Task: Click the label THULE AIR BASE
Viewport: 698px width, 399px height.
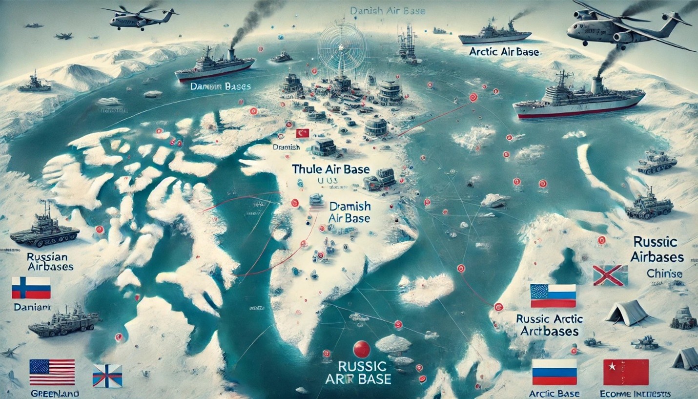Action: (x=330, y=169)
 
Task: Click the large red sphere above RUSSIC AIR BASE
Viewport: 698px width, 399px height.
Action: (x=362, y=349)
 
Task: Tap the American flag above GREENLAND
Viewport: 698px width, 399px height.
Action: (x=52, y=372)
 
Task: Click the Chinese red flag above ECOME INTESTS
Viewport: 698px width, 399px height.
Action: (x=626, y=372)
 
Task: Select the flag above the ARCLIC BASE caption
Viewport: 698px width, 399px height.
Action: (x=554, y=372)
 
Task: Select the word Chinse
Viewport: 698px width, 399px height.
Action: (x=664, y=274)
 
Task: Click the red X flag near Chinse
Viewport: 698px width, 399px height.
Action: (x=610, y=275)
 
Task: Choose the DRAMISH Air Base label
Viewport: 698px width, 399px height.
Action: (x=350, y=212)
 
